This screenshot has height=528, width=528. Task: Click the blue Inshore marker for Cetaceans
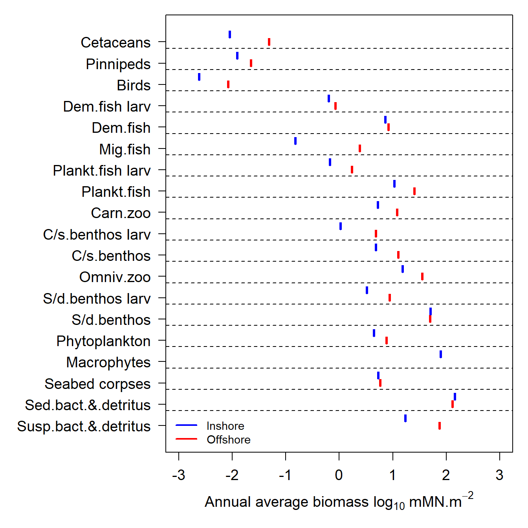(x=230, y=35)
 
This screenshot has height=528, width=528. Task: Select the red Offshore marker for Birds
(x=228, y=84)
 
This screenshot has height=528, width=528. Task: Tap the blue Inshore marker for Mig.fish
(x=295, y=141)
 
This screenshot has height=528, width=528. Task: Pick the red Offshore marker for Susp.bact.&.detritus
(x=440, y=426)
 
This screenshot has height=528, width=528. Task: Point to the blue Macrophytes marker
(x=441, y=354)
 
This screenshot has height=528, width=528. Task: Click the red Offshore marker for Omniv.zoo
(x=422, y=277)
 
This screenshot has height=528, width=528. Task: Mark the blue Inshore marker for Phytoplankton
(x=374, y=333)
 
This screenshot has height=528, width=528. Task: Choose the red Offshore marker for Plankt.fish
(x=414, y=191)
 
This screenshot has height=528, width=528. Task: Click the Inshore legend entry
(x=225, y=426)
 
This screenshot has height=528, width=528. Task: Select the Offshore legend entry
(x=228, y=440)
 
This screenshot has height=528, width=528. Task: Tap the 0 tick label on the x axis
(x=339, y=475)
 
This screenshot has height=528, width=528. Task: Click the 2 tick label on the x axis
(x=446, y=475)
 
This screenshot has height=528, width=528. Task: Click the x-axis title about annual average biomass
(x=339, y=502)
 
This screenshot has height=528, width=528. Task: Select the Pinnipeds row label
(x=118, y=64)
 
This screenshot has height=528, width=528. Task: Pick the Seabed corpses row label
(x=97, y=384)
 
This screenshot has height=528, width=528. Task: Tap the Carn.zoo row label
(x=121, y=213)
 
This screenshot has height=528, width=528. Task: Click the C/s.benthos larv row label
(x=97, y=235)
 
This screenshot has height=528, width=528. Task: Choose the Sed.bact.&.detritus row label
(x=88, y=405)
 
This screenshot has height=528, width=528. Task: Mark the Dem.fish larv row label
(x=106, y=106)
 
